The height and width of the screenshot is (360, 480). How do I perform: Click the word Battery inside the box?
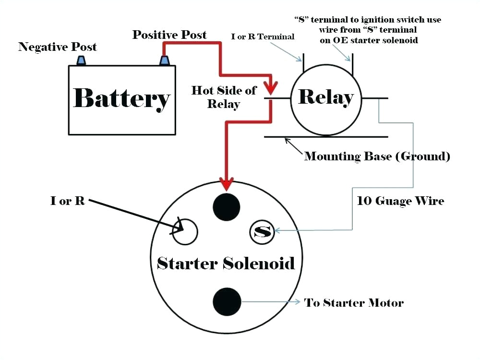[121, 98]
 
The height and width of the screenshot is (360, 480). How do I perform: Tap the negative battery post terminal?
[81, 60]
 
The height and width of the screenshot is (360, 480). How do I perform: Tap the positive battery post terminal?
[165, 60]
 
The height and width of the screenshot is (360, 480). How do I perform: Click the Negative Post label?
[58, 47]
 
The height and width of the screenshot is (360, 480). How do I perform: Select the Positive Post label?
[169, 35]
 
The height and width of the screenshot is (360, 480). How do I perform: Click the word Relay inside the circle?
[326, 97]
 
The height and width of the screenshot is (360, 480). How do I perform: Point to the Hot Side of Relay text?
[224, 96]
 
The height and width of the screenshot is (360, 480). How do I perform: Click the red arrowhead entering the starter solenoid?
[226, 184]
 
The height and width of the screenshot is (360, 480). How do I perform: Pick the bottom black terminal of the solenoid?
[226, 301]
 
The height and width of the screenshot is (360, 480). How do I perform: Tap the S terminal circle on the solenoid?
[262, 232]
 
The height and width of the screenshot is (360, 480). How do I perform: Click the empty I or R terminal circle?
[185, 232]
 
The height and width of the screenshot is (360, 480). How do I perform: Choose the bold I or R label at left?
[68, 201]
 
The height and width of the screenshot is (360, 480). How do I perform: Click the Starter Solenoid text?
[226, 263]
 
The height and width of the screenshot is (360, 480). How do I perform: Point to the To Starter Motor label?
[354, 302]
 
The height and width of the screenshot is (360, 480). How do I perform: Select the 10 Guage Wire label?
[400, 201]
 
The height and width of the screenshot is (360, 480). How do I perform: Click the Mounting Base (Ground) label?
[377, 156]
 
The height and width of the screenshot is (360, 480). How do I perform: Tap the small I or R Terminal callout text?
[263, 36]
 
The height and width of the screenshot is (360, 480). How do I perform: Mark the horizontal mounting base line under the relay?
[326, 137]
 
